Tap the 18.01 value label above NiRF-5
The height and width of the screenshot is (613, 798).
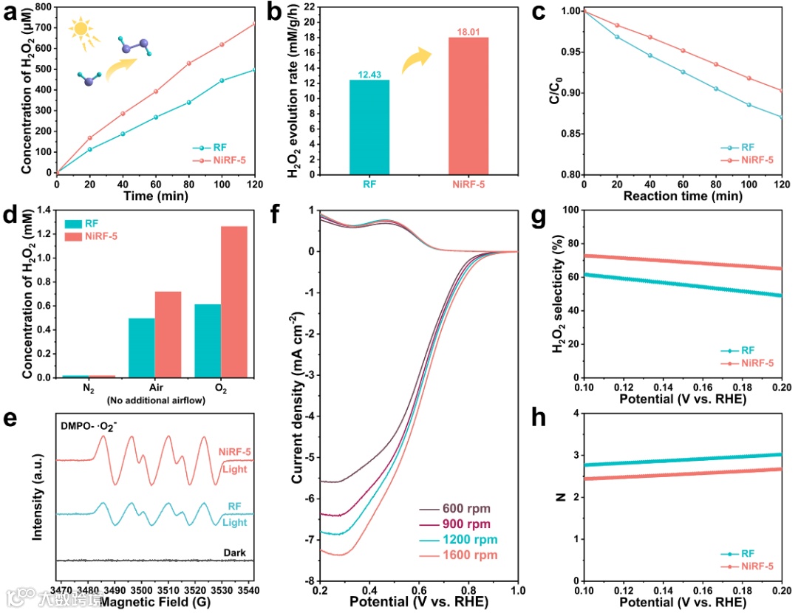click(x=468, y=31)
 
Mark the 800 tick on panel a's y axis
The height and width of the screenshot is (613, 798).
click(x=41, y=7)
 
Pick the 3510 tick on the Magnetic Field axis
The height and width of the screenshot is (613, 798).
click(x=168, y=591)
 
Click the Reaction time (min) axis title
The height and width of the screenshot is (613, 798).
click(x=682, y=196)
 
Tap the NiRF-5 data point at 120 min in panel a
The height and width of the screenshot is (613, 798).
click(x=253, y=24)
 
